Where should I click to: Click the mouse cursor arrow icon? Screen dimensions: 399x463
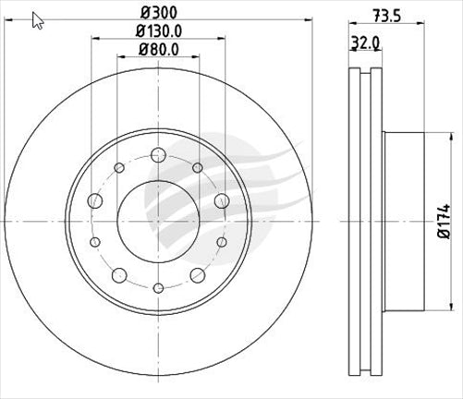click(x=37, y=20)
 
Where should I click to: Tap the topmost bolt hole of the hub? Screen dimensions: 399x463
click(x=157, y=153)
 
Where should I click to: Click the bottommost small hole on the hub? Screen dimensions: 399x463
click(x=157, y=288)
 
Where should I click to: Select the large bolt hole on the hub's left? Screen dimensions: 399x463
click(x=93, y=201)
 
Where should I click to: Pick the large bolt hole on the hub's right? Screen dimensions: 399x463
click(x=221, y=201)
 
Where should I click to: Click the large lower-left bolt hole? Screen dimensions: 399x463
click(x=118, y=275)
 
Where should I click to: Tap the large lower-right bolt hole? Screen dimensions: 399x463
click(x=197, y=275)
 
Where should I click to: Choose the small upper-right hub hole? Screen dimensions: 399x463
click(x=197, y=167)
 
